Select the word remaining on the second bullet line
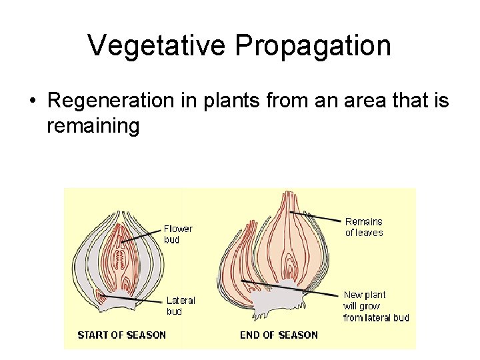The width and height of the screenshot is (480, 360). coord(93,126)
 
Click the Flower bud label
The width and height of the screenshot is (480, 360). coord(178,233)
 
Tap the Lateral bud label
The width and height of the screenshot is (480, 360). coord(180,305)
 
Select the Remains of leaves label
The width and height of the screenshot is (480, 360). coord(363,227)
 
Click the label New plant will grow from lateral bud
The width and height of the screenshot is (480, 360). coord(375,306)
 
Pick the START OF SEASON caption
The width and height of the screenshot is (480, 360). coord(121,335)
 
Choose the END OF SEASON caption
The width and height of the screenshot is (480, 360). coord(279,335)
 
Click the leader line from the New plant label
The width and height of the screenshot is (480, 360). coord(293,291)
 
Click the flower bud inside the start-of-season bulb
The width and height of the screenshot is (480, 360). coord(120,257)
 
